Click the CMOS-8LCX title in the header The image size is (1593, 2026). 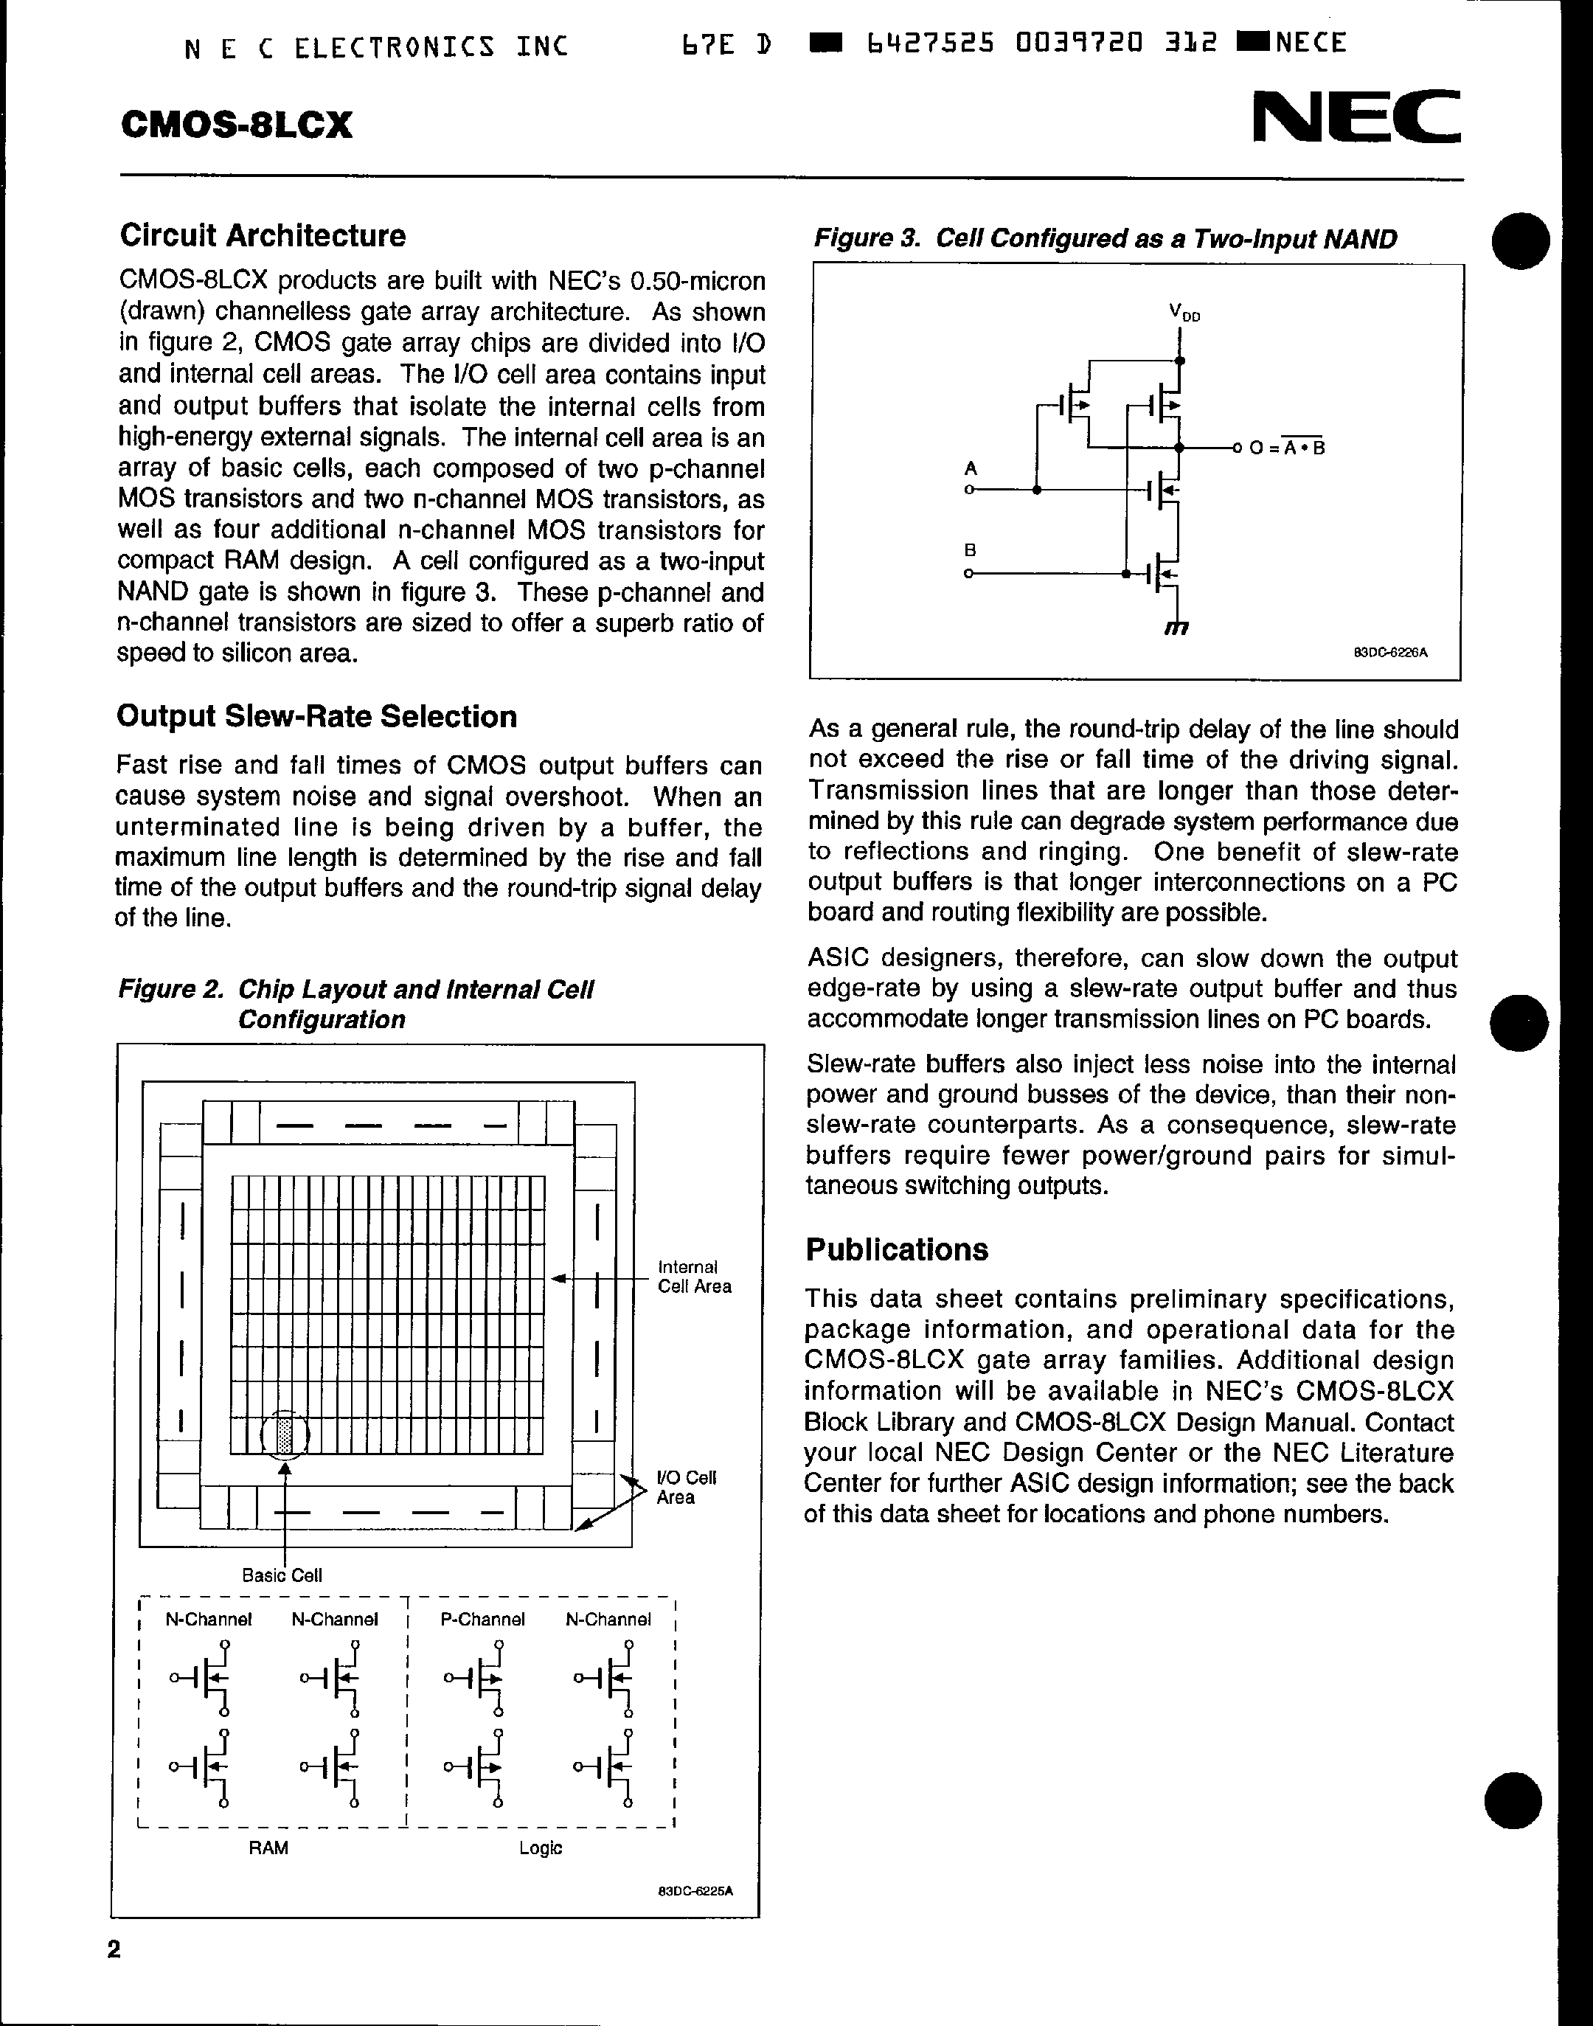tap(237, 125)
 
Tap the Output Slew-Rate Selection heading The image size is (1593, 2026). tap(316, 716)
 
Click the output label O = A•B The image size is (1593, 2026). tap(1286, 448)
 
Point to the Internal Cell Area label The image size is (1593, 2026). tap(694, 1277)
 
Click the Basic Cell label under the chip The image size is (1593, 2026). tap(282, 1575)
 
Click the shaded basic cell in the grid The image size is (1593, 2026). tap(285, 1434)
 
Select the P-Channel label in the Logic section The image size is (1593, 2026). tap(482, 1620)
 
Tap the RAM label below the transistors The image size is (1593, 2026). tap(268, 1848)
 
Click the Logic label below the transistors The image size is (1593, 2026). tap(541, 1848)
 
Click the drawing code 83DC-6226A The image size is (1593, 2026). tap(1389, 653)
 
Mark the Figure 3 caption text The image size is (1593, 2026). tap(1106, 239)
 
